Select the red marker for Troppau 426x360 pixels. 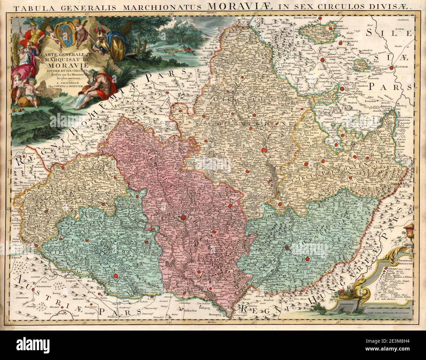[x=342, y=88]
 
